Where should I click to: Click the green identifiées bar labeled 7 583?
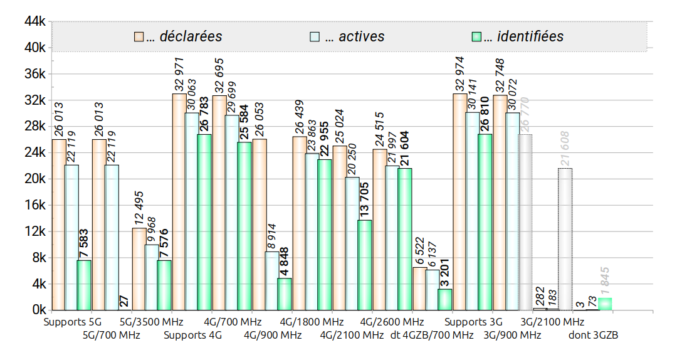[x=84, y=285]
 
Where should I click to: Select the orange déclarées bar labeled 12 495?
[x=139, y=269]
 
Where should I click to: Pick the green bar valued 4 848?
[x=285, y=294]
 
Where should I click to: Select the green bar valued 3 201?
[x=445, y=299]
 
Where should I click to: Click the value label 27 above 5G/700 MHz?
[x=124, y=300]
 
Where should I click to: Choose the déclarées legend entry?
[x=178, y=36]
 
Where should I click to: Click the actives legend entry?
[x=347, y=36]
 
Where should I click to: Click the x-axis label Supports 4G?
[x=193, y=336]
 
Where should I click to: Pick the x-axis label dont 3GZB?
[x=593, y=336]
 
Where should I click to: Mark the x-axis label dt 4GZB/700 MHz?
[x=432, y=336]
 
